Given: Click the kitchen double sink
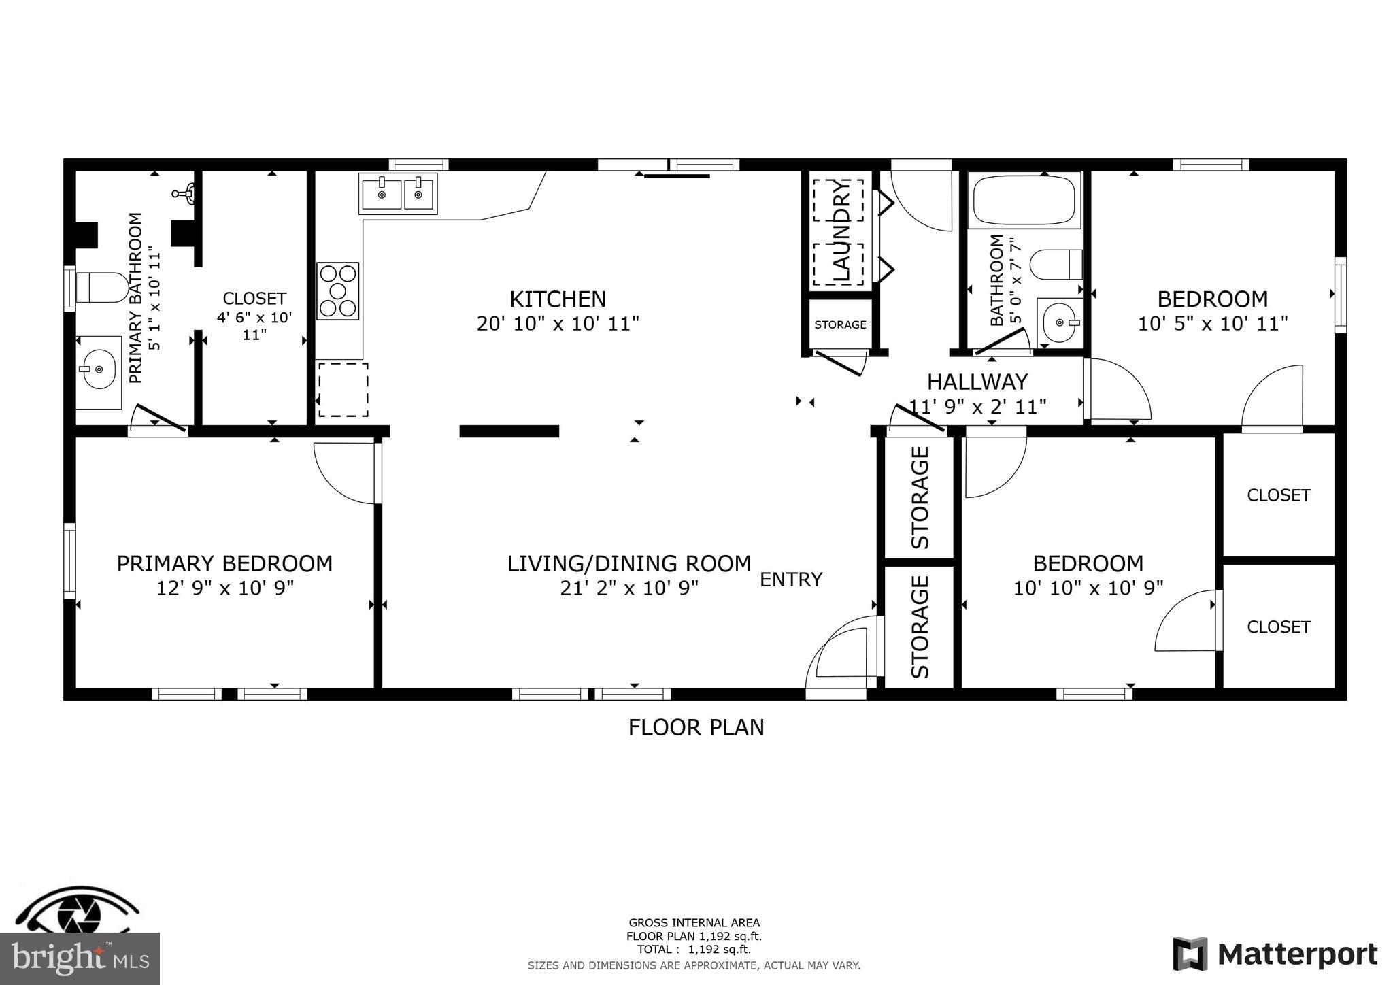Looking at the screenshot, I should point(398,194).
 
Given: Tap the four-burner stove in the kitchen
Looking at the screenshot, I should point(337,291).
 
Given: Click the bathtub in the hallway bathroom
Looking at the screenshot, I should point(1024,200).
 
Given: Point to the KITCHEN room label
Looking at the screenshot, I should point(558,299).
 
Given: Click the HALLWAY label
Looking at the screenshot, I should point(977,382).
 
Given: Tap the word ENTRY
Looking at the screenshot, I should point(791,580).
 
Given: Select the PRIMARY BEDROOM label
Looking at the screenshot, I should point(224,564).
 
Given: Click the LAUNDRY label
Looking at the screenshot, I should point(841,231).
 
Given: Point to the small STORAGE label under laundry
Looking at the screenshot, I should point(840,324).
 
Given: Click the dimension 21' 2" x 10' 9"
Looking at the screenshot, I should point(629,588).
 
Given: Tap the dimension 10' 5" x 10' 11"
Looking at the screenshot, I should point(1213,323).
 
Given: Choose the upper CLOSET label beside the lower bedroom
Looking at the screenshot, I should point(1278,495).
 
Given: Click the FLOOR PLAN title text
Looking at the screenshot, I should point(696,727).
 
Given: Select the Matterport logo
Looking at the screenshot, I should point(1275,954).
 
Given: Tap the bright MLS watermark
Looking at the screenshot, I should point(80,958).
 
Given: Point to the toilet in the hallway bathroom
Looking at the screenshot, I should point(1056,265).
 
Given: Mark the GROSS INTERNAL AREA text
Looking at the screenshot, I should point(694,923).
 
